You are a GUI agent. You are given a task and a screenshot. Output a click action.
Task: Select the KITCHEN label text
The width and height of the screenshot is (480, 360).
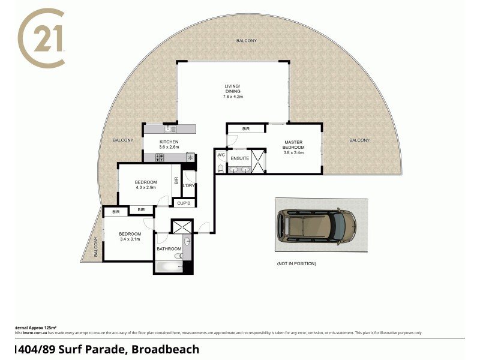169,142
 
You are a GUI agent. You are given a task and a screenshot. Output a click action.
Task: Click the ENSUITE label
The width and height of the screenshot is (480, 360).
239,158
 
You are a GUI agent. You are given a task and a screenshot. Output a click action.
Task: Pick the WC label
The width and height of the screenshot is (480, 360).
220,155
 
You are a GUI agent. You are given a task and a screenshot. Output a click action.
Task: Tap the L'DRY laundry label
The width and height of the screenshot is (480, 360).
188,185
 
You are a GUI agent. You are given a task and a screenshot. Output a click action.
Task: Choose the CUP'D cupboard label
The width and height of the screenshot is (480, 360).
184,203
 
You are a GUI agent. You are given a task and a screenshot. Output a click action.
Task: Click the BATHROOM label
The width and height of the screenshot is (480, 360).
169,248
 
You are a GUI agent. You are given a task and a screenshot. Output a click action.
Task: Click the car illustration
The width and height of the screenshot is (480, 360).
316,226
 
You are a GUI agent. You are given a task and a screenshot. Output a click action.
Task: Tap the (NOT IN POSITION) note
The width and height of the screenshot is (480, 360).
296,263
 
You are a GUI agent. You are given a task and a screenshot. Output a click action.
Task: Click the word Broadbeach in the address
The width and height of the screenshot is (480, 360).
167,349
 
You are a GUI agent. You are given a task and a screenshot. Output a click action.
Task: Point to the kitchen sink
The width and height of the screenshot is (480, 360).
169,128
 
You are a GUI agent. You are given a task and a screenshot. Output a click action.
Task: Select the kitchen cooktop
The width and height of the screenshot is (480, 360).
160,157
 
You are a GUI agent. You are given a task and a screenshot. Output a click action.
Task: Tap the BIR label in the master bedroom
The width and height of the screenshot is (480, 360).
245,128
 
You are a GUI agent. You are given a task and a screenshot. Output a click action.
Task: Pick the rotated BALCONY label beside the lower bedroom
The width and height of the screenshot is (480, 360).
95,247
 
